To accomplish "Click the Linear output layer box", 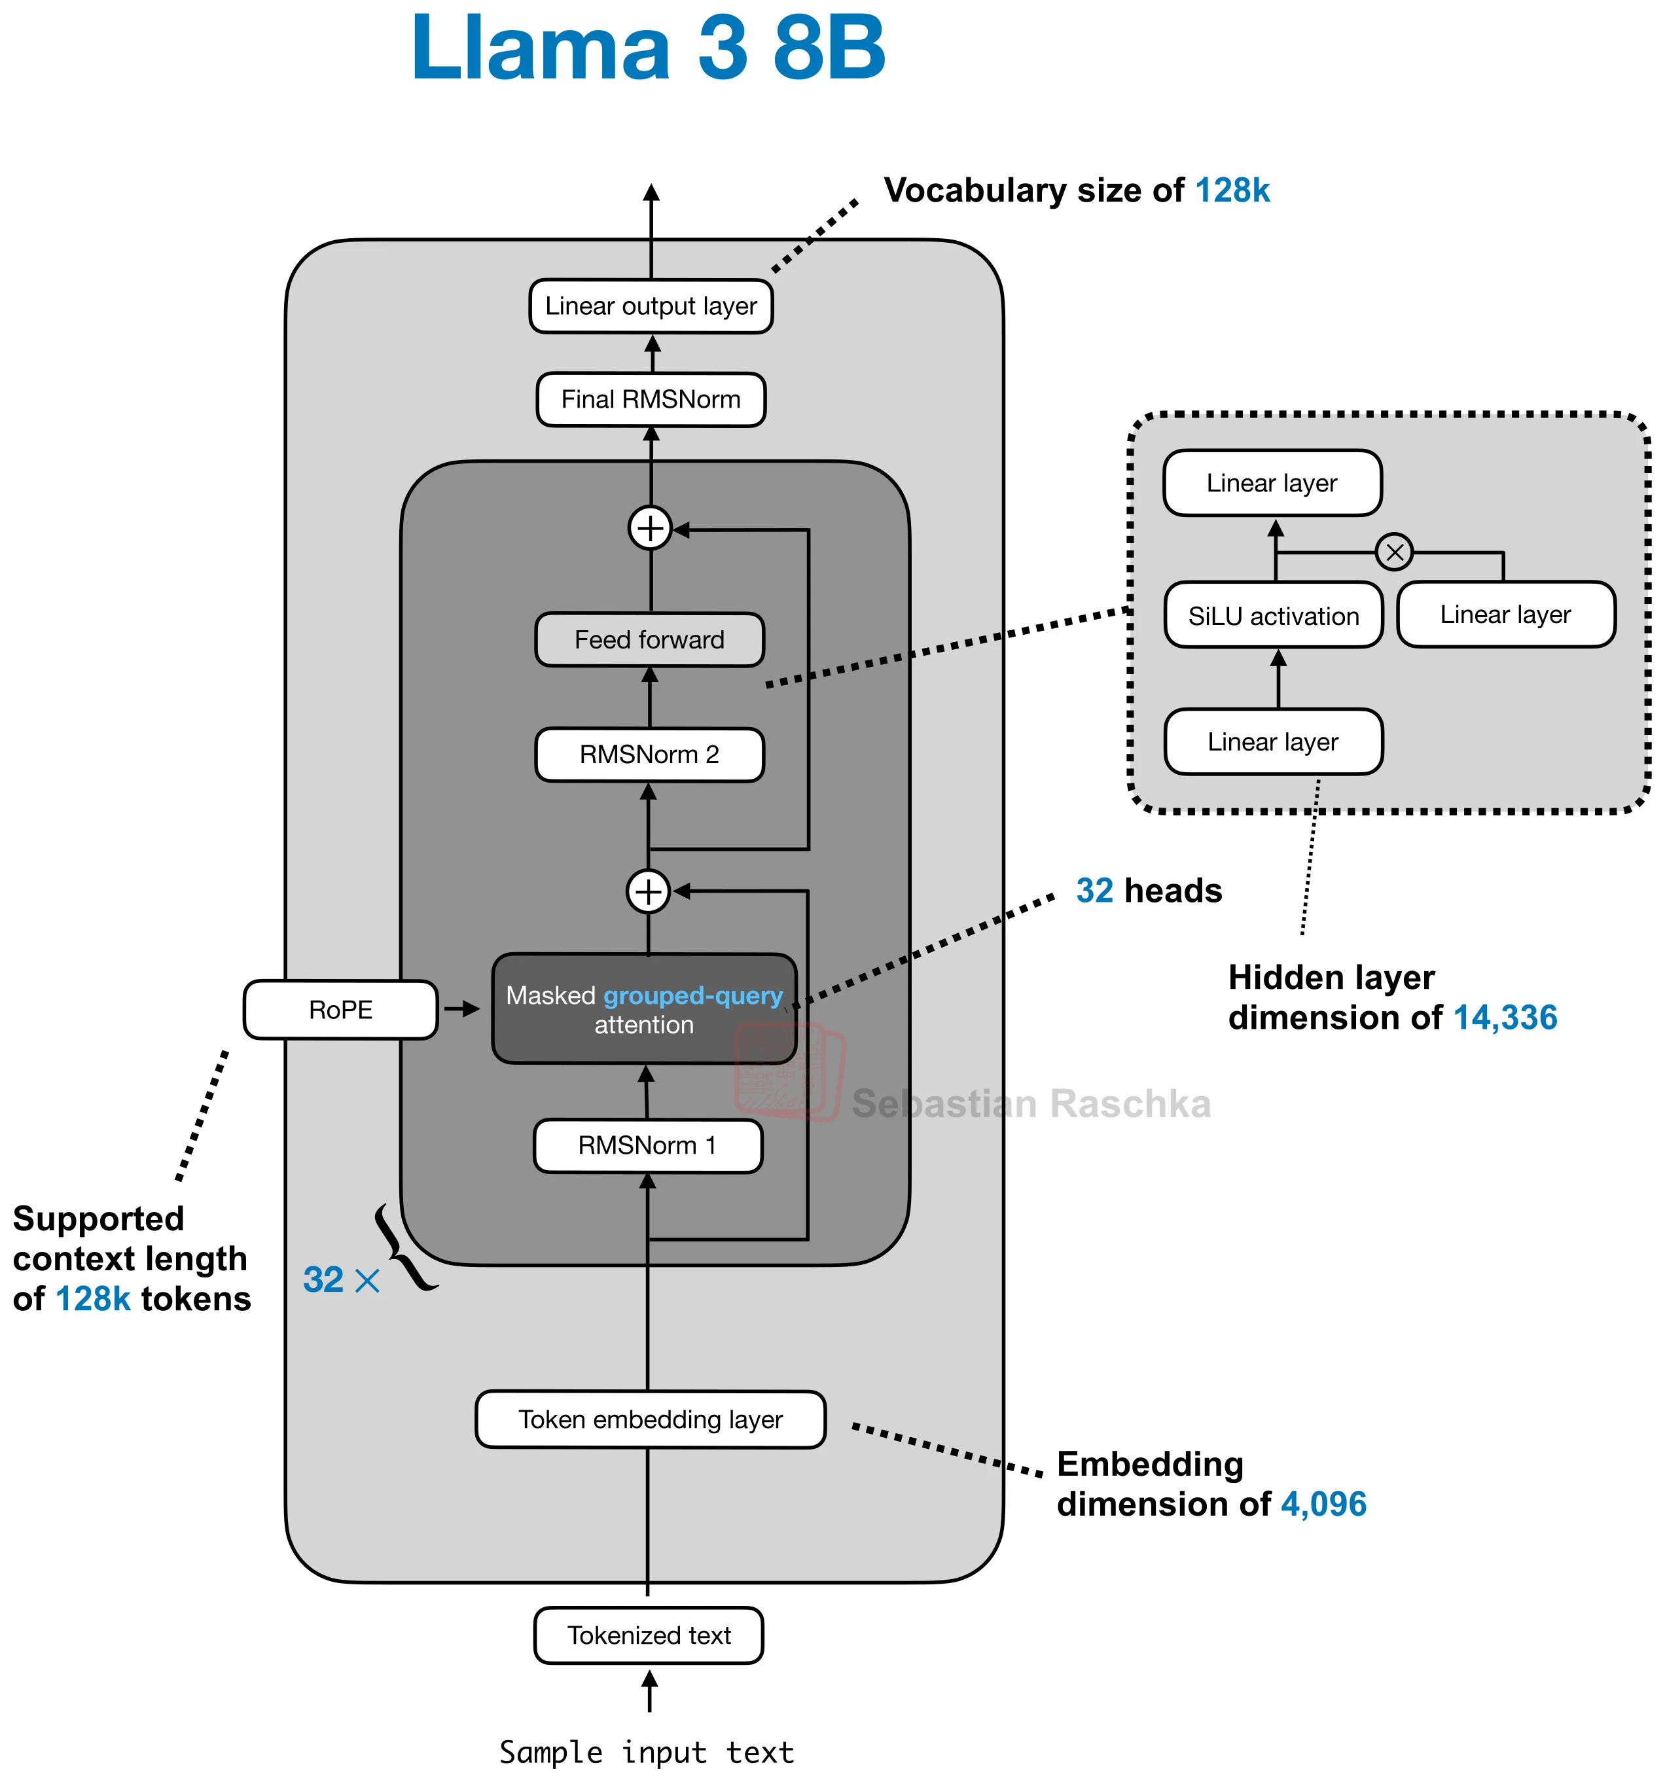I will coord(651,306).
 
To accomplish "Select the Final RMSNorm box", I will coord(651,400).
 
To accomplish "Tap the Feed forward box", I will coord(649,640).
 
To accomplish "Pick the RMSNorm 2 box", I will coord(649,755).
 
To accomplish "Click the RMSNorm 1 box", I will coord(647,1145).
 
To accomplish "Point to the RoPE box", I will coord(341,1010).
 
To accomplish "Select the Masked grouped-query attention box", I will coord(644,1009).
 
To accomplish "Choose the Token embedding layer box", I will coord(650,1420).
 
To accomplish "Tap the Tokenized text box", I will coord(648,1636).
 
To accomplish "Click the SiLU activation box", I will coord(1273,616).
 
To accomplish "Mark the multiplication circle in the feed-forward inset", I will coord(1394,552).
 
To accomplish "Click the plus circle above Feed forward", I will coord(650,528).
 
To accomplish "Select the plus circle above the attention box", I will coord(648,892).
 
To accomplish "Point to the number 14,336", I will coord(1505,1018).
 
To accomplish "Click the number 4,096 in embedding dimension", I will coord(1323,1504).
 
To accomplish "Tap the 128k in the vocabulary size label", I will coord(1232,191).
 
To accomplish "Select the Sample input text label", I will coord(647,1753).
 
